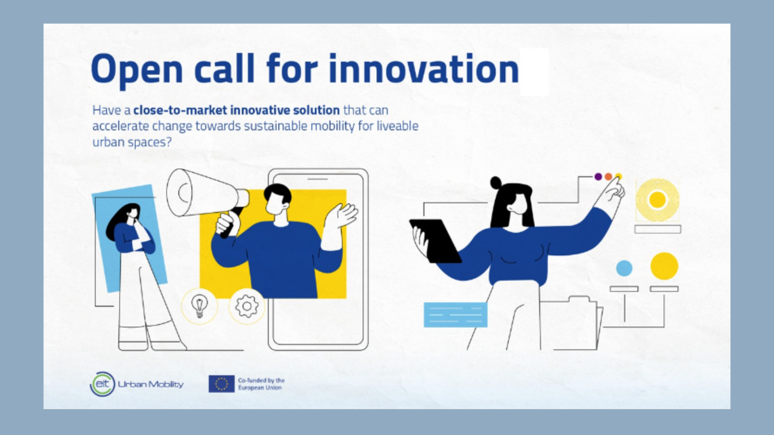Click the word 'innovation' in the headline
[x=423, y=69]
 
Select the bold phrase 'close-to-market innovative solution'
[x=236, y=110]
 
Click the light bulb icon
[x=200, y=305]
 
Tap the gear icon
[x=247, y=306]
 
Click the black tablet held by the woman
[x=435, y=240]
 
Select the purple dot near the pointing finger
[x=598, y=177]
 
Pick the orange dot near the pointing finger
[x=608, y=177]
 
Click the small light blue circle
[x=624, y=268]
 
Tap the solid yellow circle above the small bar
[x=664, y=266]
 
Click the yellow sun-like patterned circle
[x=657, y=200]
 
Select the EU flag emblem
[x=221, y=384]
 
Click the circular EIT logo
[x=103, y=384]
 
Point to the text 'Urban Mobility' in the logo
[x=151, y=384]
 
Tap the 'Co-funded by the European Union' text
[x=261, y=384]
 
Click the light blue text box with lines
[x=456, y=315]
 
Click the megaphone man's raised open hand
[x=342, y=215]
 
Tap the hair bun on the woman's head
[x=496, y=182]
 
